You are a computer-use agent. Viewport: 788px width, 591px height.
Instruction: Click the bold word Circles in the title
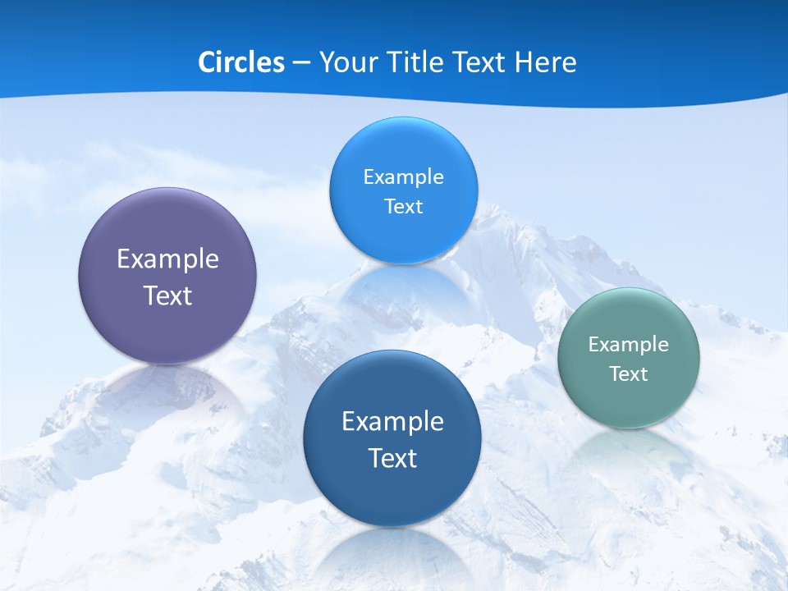[x=241, y=62]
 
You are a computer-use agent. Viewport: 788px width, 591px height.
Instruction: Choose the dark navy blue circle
[x=392, y=492]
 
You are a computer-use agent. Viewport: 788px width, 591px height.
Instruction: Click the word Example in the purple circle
[x=167, y=259]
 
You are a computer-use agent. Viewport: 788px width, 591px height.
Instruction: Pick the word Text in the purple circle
[x=167, y=295]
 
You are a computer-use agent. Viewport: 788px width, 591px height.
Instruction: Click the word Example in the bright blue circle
[x=403, y=176]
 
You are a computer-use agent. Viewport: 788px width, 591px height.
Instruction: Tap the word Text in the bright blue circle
[x=403, y=206]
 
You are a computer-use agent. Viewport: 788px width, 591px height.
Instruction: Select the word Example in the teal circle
[x=628, y=344]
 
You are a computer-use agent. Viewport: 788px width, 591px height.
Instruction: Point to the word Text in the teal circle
[x=628, y=373]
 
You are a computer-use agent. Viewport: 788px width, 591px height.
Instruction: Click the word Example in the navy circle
[x=392, y=421]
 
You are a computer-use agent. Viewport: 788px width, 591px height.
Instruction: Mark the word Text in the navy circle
[x=392, y=457]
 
